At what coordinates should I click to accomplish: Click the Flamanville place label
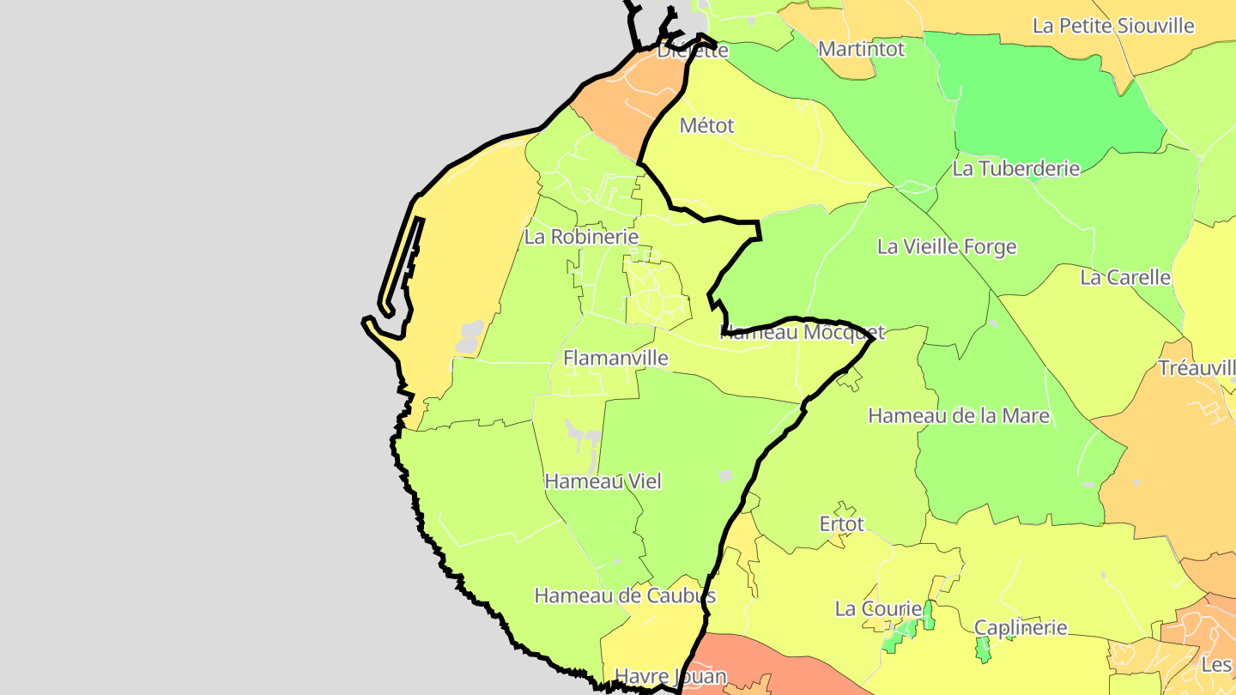click(615, 358)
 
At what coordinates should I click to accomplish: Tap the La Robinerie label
click(581, 237)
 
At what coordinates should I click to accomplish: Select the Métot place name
click(706, 125)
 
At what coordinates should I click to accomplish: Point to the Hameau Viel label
click(603, 481)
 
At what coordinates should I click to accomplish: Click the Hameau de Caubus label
click(625, 595)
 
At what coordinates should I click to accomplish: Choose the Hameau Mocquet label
click(802, 332)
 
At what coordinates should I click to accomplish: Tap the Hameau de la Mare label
click(959, 416)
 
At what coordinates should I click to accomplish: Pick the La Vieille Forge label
click(946, 247)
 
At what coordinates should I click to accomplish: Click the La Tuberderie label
click(1015, 168)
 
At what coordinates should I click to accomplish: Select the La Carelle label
click(1124, 277)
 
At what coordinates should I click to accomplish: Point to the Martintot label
click(861, 49)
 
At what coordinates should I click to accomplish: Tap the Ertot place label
click(841, 523)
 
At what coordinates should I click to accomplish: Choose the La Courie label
click(877, 609)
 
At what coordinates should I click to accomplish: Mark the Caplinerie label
click(1021, 627)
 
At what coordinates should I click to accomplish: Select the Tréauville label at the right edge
click(1197, 368)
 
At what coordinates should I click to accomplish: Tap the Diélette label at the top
click(692, 51)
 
